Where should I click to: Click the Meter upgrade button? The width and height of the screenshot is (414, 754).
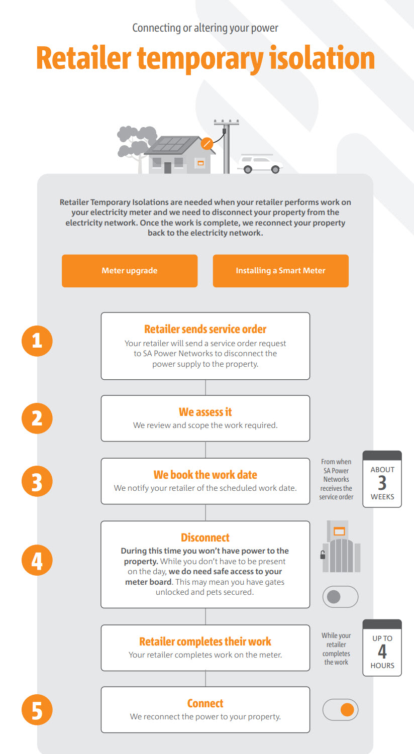point(130,271)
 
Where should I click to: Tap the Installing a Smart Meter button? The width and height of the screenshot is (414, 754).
point(280,271)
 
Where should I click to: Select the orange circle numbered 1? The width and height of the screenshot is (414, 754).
point(37,341)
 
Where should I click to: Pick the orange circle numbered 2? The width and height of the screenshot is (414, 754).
point(37,418)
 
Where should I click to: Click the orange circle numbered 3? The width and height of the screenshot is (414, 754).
point(37,482)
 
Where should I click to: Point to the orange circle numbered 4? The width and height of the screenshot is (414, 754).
point(37,561)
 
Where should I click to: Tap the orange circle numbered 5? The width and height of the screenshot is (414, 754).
point(37,711)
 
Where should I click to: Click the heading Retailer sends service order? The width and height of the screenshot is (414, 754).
point(205,330)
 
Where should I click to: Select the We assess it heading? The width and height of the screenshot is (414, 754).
point(205,412)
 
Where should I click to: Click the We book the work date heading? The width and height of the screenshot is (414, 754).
point(205,475)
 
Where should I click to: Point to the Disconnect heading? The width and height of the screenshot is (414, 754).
point(205,538)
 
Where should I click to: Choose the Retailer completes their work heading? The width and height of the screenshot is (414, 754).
point(205,642)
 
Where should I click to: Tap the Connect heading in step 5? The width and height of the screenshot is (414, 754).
point(205,704)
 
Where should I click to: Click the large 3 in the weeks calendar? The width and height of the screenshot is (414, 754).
point(382,483)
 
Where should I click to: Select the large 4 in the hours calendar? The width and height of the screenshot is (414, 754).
point(382,652)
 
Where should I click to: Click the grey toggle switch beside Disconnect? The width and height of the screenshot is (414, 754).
point(340,597)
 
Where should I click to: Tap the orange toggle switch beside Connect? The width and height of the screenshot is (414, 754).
point(340,710)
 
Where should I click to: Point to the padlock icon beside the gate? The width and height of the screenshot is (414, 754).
point(323,555)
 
